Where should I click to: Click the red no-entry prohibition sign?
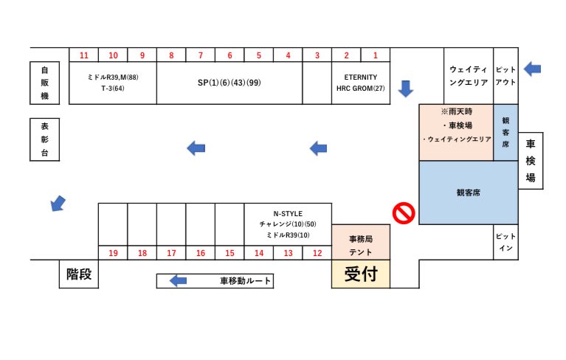pos(404,213)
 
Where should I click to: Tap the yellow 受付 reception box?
pos(360,274)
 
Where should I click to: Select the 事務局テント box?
pos(360,245)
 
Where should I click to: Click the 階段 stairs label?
pos(79,274)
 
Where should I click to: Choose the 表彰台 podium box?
pos(44,139)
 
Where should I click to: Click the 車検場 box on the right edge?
pos(530,160)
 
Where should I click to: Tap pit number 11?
pos(84,55)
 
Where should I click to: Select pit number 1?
pos(375,55)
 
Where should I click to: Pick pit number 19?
pos(113,253)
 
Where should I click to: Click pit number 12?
pos(317,253)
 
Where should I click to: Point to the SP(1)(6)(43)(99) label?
pos(229,82)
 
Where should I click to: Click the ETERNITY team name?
pos(360,77)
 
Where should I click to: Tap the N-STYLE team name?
pos(288,213)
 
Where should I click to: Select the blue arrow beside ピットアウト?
pos(532,69)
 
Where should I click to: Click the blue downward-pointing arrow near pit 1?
pos(405,88)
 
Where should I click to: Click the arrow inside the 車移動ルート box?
pos(178,281)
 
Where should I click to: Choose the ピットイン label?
pos(505,243)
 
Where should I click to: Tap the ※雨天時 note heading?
pos(456,111)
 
